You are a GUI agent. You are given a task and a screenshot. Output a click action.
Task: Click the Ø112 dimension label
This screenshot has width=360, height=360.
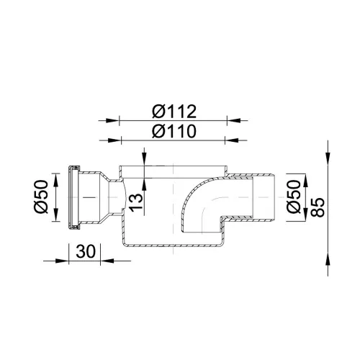point(174,112)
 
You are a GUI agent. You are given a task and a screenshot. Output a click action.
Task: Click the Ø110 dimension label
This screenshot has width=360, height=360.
point(174,131)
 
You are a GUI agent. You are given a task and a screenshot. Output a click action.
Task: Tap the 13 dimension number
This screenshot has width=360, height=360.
point(136,203)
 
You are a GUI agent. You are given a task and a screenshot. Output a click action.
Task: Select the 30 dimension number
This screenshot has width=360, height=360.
point(86,251)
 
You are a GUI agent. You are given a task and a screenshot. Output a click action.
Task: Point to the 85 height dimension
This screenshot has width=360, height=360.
point(318,207)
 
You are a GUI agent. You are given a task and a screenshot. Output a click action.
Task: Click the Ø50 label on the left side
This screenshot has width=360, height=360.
point(41,197)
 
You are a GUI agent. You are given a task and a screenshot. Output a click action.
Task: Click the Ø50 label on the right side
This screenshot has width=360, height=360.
point(294,197)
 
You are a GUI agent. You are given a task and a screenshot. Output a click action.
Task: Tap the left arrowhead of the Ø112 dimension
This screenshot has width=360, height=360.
point(113,120)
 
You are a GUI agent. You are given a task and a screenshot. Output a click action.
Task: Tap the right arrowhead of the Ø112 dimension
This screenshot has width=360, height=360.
point(233,120)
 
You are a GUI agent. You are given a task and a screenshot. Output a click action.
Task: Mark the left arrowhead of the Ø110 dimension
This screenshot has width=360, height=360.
point(115,140)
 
